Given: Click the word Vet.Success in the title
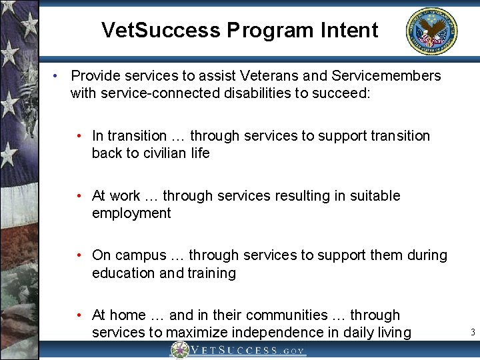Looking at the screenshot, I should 160,30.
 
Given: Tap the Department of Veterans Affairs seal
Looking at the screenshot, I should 431,31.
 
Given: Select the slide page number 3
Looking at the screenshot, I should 472,332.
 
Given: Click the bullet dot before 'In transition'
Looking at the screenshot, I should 79,136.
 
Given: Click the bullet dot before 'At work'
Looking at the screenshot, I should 79,196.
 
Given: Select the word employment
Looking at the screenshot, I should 131,213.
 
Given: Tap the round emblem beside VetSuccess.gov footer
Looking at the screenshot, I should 179,350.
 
